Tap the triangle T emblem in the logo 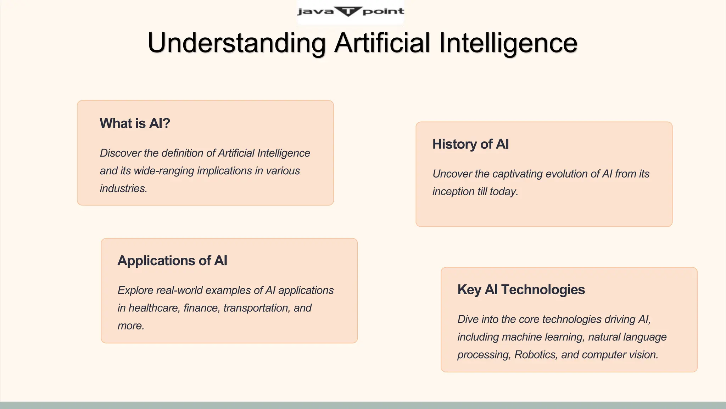348,11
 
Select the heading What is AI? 135,123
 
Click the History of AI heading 470,144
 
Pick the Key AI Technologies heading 521,290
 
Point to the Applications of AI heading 172,261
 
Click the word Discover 120,153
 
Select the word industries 123,189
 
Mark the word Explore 135,290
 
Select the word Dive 468,320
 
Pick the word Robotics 536,355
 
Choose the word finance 201,308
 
